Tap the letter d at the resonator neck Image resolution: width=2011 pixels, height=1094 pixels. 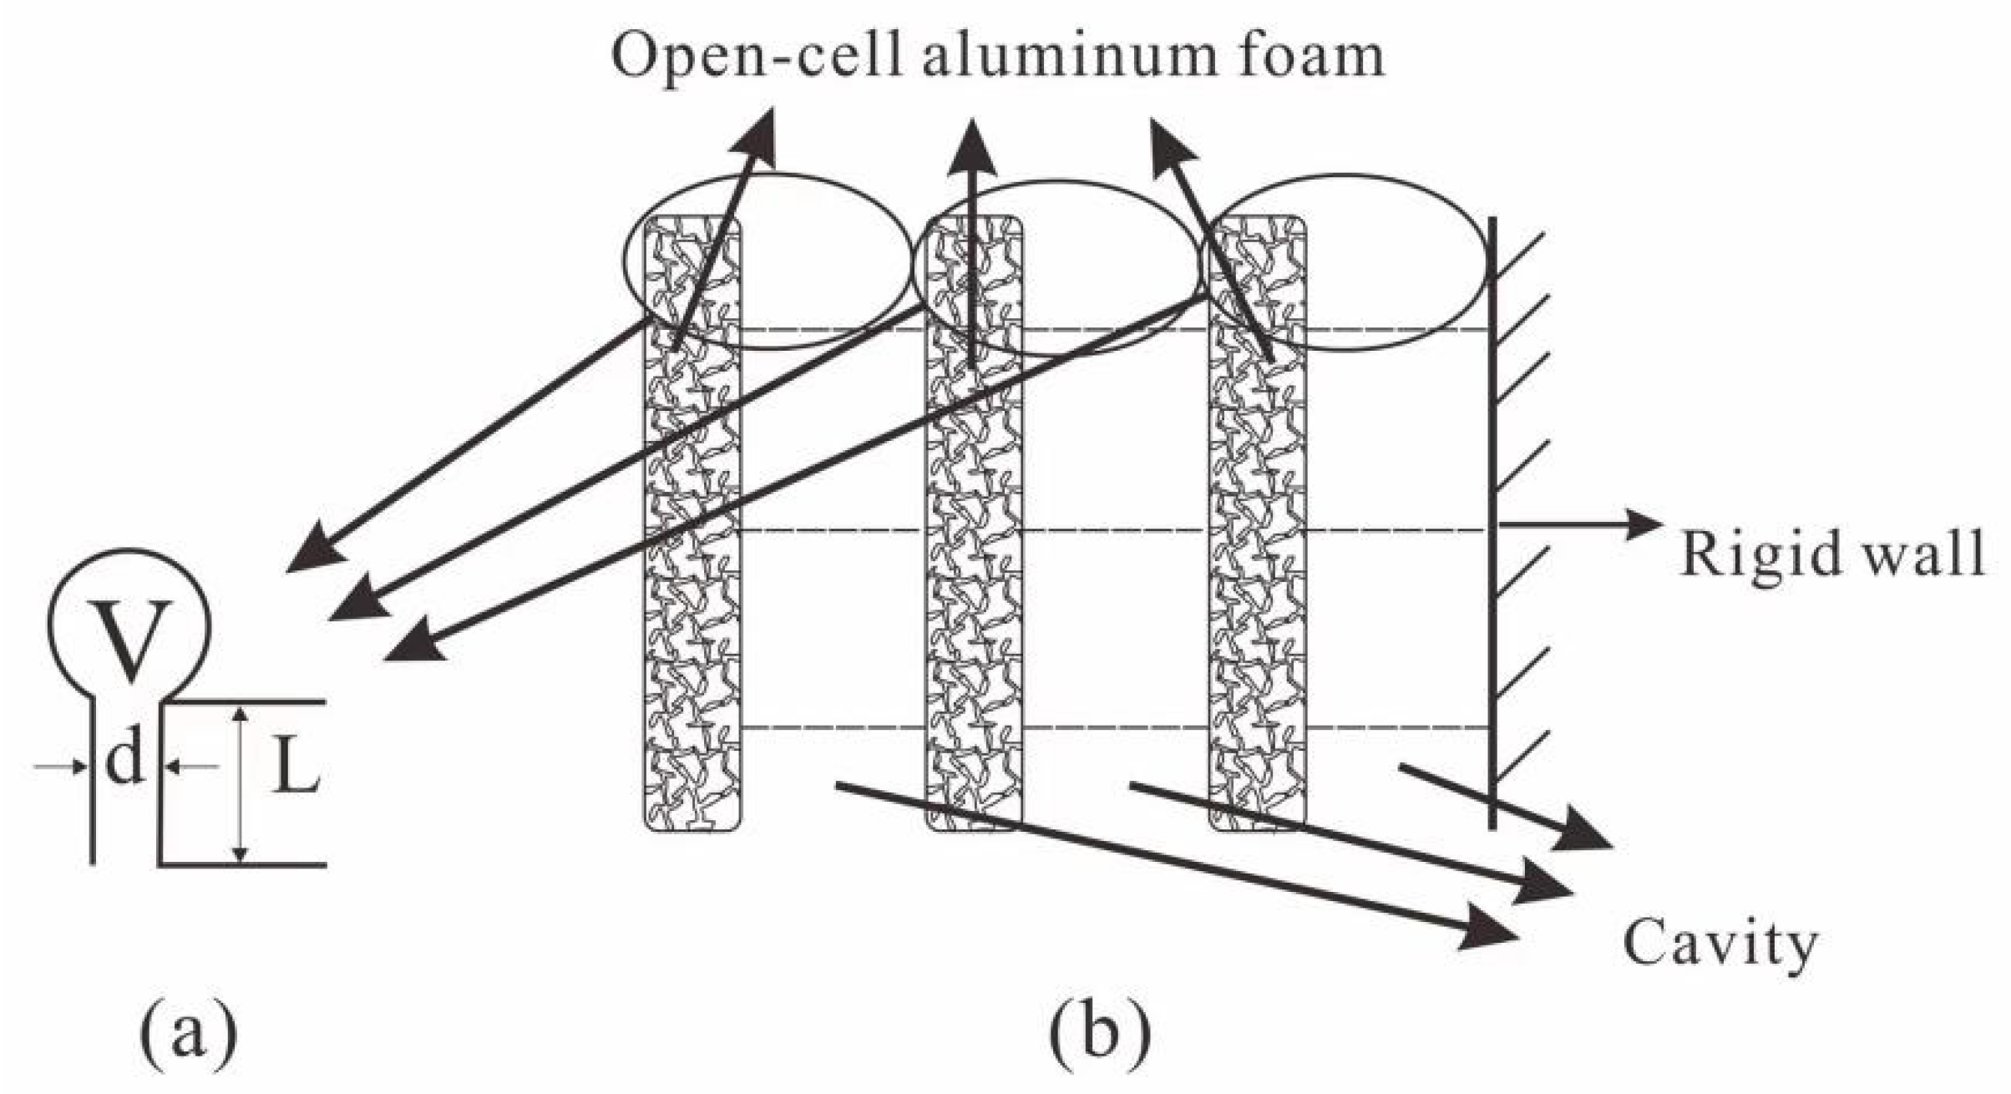125,761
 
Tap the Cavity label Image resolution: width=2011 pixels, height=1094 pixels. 1720,945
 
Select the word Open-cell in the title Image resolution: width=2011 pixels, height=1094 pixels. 757,57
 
